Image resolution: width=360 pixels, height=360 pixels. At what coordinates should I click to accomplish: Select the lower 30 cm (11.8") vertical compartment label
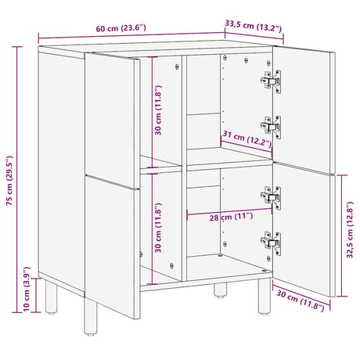coord(159,227)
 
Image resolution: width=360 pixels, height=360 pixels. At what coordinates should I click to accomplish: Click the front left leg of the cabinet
coord(53,296)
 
